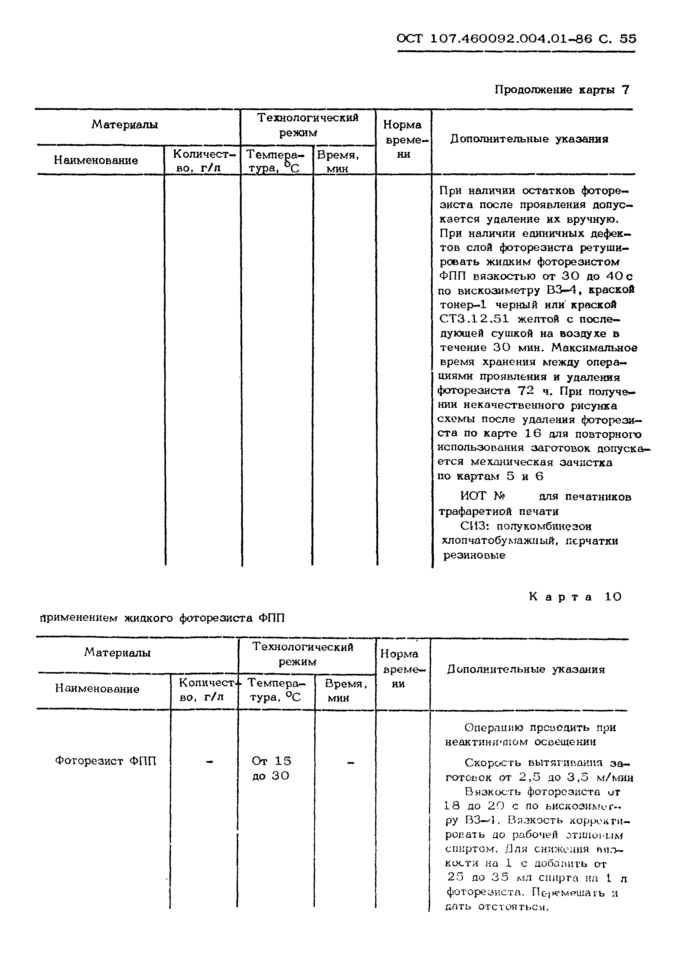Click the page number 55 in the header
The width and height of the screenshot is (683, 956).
(x=628, y=39)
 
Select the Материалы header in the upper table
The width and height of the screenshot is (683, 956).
(x=125, y=125)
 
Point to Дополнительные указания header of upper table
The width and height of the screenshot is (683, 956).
(x=529, y=139)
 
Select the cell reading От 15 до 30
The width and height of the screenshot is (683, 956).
(x=271, y=768)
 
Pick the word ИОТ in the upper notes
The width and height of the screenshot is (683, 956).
(x=473, y=496)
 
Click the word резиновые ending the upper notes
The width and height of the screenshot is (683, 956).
(x=474, y=555)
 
